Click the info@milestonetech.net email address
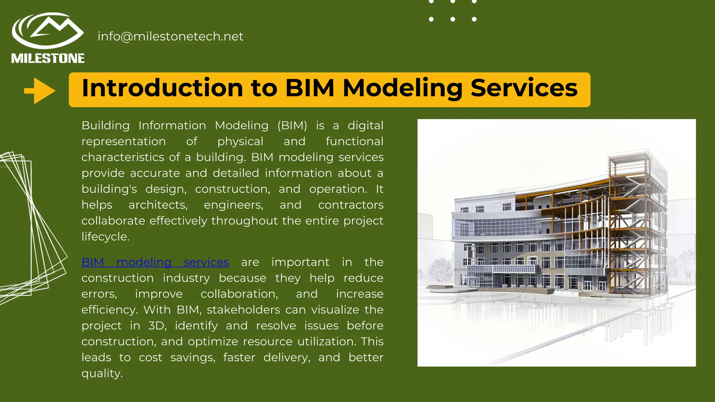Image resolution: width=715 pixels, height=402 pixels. (170, 37)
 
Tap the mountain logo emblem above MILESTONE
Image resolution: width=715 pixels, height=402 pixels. (48, 31)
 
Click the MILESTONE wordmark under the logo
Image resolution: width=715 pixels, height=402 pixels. (48, 58)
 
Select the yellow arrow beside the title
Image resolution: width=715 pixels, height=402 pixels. (39, 91)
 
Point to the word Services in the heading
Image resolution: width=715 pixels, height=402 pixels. (524, 88)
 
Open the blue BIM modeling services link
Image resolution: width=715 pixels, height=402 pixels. (155, 262)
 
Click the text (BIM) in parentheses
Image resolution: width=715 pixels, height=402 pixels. (292, 126)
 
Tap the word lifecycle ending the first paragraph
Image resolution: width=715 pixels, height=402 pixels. (105, 237)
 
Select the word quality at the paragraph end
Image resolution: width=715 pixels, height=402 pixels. (102, 373)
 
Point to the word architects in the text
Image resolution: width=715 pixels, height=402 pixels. (158, 205)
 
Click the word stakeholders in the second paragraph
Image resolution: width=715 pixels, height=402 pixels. (248, 310)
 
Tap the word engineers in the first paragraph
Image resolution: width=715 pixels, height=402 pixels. (233, 205)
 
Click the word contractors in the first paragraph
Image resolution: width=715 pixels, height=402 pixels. (351, 205)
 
